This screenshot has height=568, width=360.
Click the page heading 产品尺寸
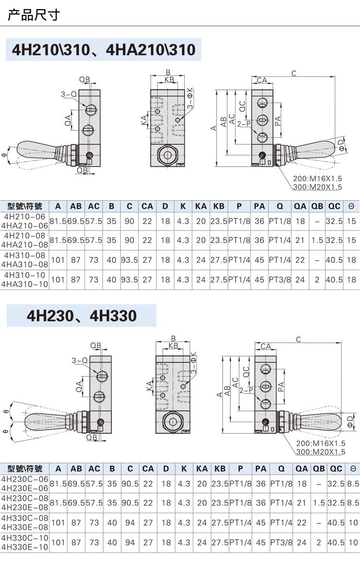click(x=34, y=15)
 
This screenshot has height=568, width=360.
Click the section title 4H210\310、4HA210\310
click(x=104, y=49)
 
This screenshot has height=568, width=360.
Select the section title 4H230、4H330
click(x=82, y=315)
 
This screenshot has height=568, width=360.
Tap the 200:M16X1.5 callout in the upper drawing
click(x=317, y=179)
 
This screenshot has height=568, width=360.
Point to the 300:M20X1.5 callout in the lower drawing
click(x=321, y=452)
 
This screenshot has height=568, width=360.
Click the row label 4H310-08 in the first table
click(x=24, y=255)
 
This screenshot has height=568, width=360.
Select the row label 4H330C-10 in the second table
click(x=24, y=538)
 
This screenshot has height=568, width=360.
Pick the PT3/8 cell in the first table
click(x=279, y=279)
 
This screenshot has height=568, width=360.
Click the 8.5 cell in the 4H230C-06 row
click(x=353, y=483)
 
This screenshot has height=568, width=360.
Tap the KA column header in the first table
click(x=201, y=206)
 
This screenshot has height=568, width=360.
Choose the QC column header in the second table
click(x=336, y=469)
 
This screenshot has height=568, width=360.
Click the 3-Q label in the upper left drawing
click(x=69, y=94)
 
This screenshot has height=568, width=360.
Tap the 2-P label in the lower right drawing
click(x=246, y=390)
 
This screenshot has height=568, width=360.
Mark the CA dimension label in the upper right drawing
click(x=262, y=80)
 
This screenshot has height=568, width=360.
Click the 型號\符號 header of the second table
click(x=24, y=469)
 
